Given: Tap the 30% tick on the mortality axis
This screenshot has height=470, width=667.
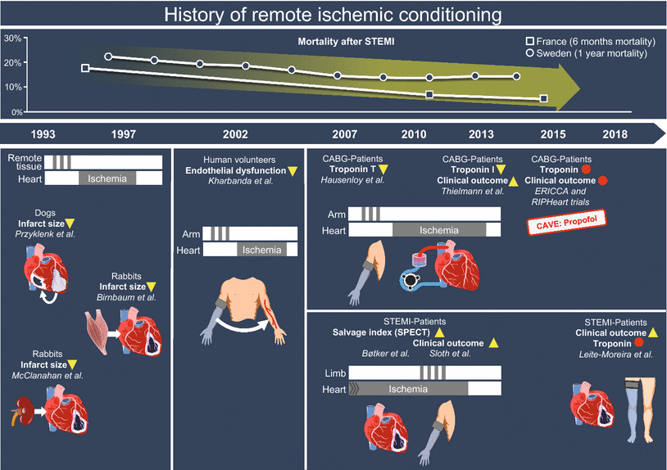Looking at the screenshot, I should pos(12,38).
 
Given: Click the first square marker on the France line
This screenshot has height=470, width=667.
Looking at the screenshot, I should pos(85,68).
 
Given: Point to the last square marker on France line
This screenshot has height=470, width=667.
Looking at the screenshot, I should pos(543,98).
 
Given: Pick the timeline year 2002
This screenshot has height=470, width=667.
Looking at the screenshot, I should pos(235,133).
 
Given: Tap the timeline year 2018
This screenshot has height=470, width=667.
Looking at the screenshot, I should pos(615,133).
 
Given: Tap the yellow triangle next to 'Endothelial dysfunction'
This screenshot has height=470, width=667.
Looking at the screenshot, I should pos(293,171).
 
